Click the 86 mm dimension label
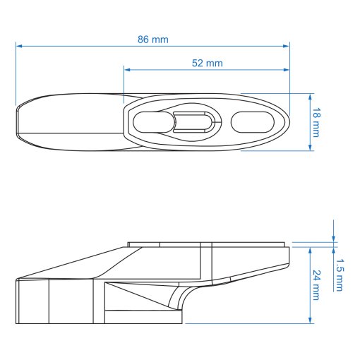point(153,40)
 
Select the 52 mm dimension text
point(208,64)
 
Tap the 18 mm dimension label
point(316,122)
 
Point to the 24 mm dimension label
point(316,285)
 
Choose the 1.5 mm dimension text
point(340,275)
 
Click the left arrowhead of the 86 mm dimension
point(19,46)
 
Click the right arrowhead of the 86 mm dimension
point(286,46)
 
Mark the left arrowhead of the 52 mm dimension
point(127,70)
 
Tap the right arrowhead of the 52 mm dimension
point(286,70)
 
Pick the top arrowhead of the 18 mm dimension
point(310,97)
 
